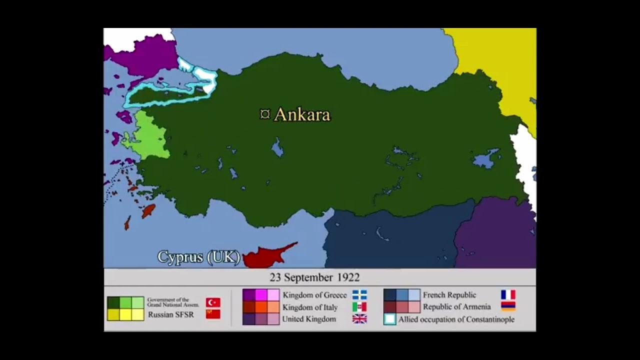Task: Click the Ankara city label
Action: click(302, 114)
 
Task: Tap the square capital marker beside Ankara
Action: click(265, 114)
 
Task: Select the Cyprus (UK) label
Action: click(198, 257)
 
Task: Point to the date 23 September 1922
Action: click(314, 277)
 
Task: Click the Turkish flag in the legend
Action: click(213, 302)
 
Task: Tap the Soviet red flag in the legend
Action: click(213, 314)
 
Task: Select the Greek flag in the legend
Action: click(359, 295)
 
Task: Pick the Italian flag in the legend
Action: click(359, 307)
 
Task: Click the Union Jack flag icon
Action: click(359, 319)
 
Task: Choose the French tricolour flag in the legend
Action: click(508, 295)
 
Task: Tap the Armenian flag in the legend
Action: click(508, 306)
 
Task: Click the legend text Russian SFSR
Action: click(170, 314)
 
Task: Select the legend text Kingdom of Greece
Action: click(314, 295)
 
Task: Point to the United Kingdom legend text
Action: click(309, 319)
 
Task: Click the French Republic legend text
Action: click(449, 295)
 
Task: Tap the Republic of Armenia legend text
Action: click(456, 306)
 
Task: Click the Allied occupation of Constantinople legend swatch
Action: click(390, 319)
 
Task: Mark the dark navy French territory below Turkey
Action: click(390, 235)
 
